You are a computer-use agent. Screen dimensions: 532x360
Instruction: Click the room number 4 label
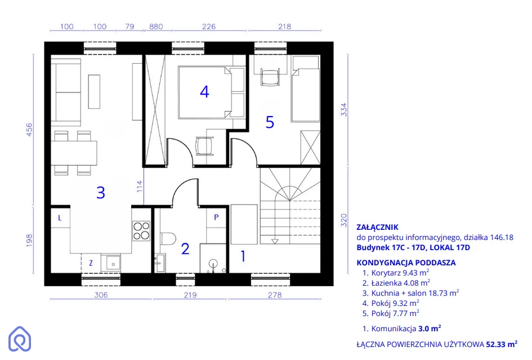(204, 92)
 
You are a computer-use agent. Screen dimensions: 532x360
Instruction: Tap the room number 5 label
(270, 122)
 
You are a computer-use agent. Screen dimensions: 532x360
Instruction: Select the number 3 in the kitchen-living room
(101, 193)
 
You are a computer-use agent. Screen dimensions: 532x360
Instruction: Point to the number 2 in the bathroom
(185, 249)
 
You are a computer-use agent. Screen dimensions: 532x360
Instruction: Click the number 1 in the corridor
(243, 256)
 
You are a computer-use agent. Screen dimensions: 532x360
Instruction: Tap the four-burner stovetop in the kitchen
(141, 231)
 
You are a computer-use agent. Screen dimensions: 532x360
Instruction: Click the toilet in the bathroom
(168, 238)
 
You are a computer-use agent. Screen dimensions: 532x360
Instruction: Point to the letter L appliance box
(60, 217)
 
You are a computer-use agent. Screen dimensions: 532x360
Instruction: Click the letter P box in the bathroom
(216, 217)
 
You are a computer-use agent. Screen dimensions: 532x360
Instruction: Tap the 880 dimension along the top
(156, 26)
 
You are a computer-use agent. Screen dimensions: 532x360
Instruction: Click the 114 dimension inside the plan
(140, 186)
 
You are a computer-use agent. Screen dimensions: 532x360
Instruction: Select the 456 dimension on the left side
(29, 130)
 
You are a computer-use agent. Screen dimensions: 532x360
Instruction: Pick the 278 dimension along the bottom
(275, 295)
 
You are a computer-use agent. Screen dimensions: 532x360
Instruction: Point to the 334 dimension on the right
(344, 110)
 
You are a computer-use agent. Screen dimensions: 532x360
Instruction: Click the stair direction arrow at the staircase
(275, 242)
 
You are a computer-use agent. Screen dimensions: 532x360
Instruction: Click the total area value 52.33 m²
(502, 344)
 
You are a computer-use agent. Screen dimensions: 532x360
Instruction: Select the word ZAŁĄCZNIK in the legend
(377, 227)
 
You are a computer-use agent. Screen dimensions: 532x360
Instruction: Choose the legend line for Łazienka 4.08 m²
(396, 283)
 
